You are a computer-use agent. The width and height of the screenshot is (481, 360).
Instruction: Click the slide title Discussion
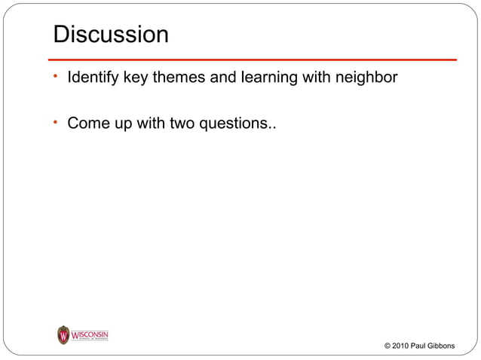click(x=110, y=35)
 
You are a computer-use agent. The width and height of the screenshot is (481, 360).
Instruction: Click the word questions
click(x=235, y=122)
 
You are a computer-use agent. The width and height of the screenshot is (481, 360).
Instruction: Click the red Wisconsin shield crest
click(x=63, y=335)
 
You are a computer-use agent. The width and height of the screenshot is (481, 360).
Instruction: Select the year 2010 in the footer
click(x=401, y=346)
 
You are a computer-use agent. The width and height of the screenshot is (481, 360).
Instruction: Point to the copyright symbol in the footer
click(x=388, y=346)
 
